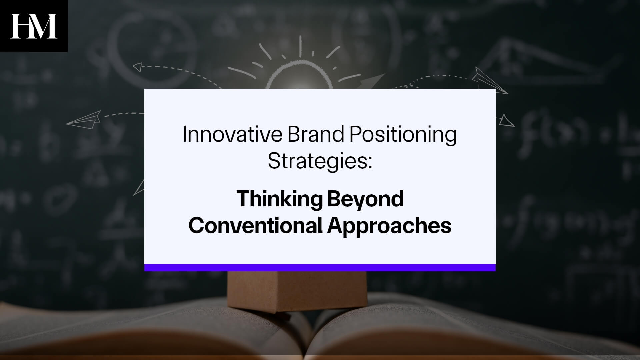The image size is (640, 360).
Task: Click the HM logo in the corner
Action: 34,26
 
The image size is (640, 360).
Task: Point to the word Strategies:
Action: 319,161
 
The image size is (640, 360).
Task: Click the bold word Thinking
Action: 279,199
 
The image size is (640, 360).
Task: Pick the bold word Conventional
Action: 255,226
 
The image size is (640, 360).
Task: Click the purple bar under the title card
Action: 320,267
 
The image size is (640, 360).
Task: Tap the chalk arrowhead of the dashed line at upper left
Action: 137,67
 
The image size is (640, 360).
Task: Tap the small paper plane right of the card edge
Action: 506,121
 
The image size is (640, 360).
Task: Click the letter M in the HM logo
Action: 45,26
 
